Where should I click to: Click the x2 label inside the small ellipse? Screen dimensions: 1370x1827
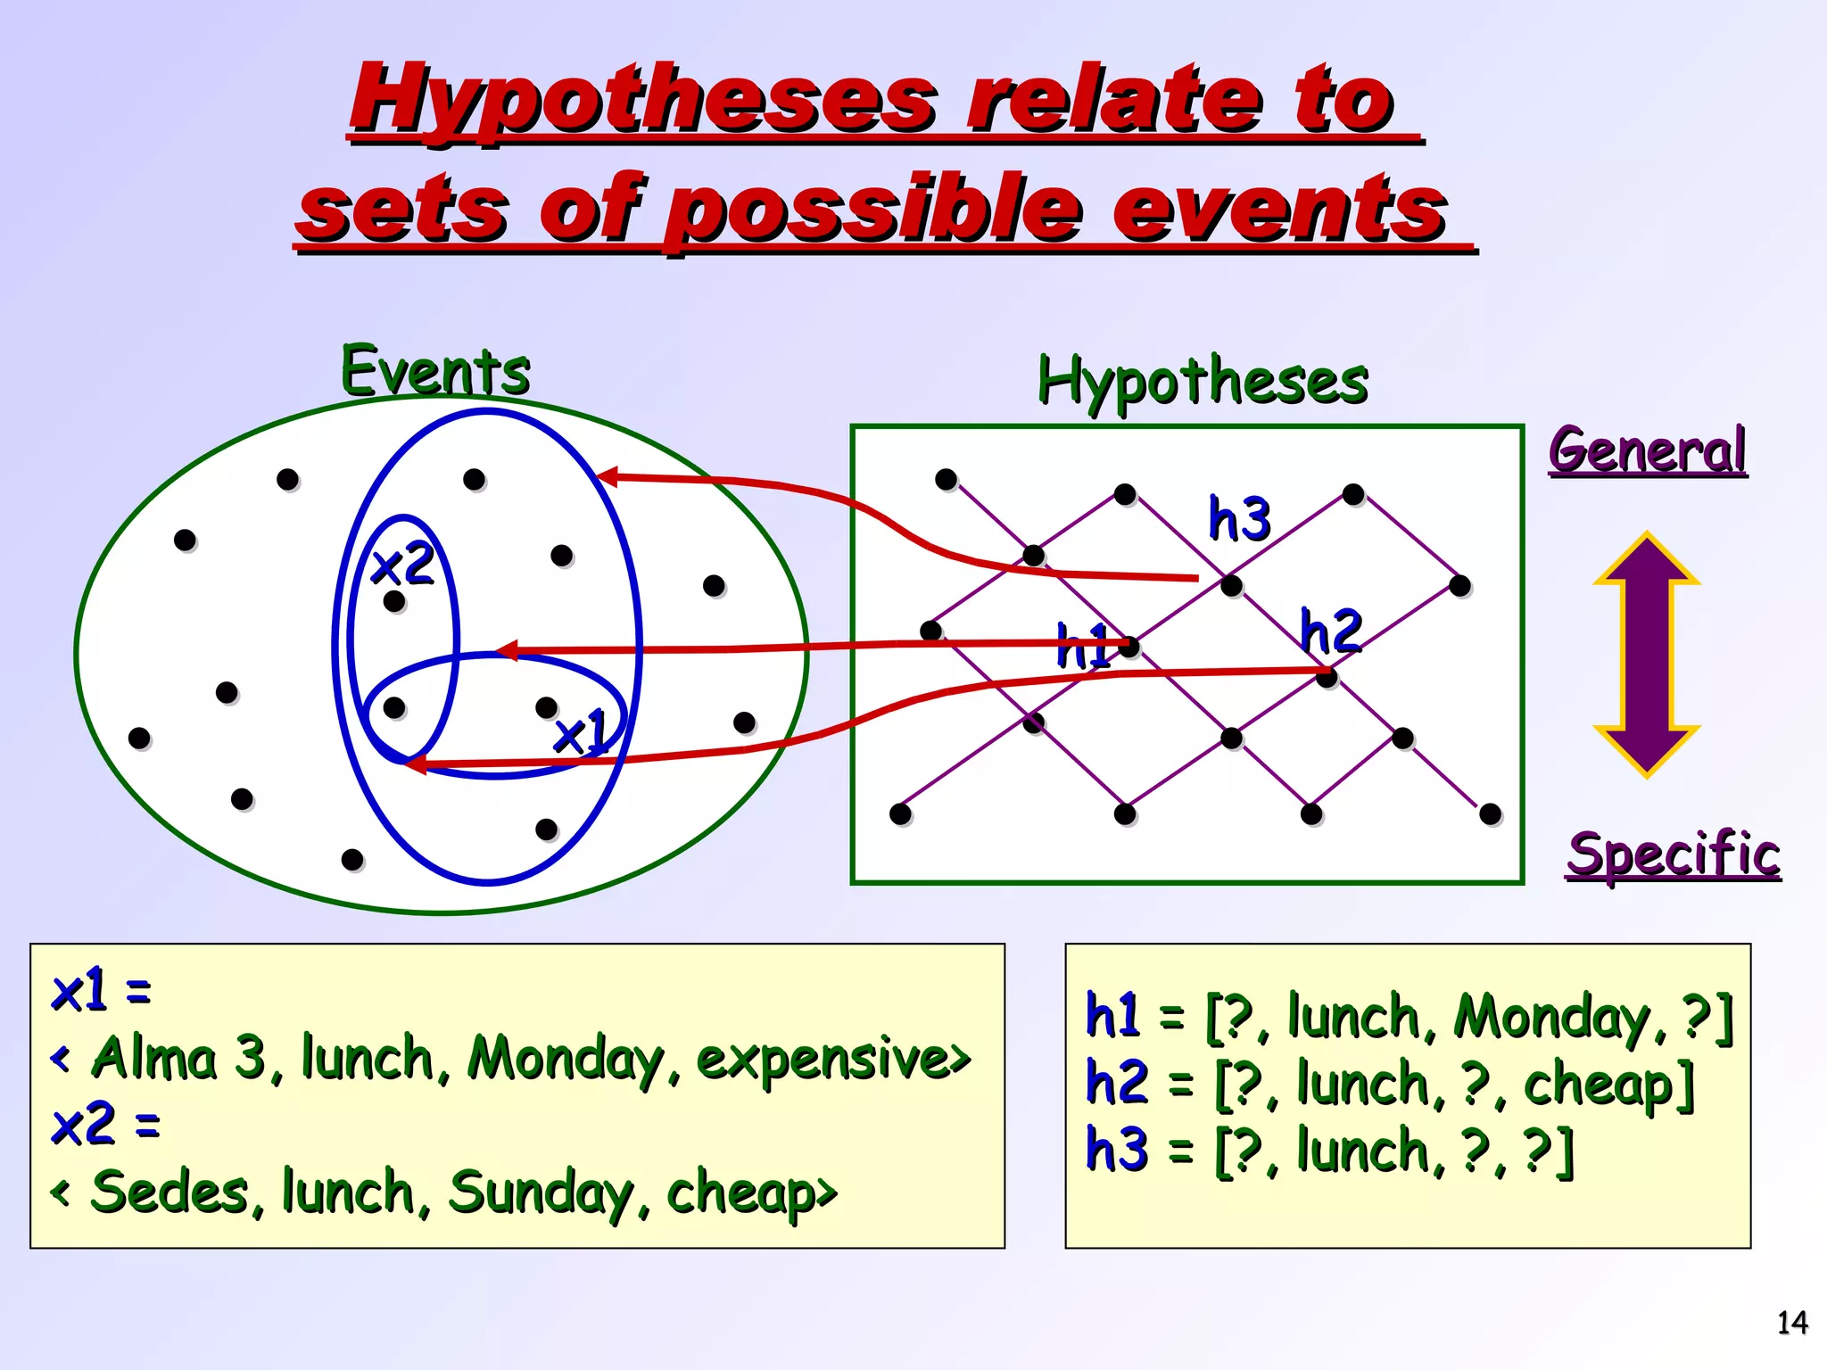tap(402, 565)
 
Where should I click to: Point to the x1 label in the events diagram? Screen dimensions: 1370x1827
tap(581, 733)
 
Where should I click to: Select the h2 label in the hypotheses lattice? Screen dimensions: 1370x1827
tap(1330, 631)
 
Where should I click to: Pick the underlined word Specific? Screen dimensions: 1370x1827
tap(1674, 854)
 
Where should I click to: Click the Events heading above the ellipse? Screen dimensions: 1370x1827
tap(435, 370)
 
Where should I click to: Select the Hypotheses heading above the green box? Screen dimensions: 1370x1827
tap(1202, 382)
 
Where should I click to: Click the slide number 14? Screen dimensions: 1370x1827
tap(1792, 1322)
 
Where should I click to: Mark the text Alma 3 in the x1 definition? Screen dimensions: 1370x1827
tap(178, 1059)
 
